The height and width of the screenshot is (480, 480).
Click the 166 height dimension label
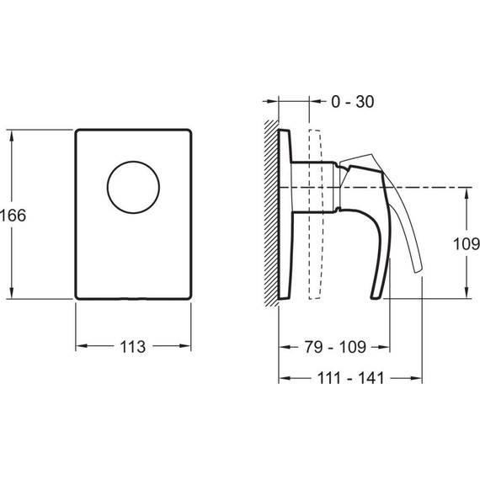click(x=13, y=216)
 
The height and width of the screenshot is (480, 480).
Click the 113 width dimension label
click(x=132, y=347)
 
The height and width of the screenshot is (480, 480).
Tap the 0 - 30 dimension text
click(x=352, y=101)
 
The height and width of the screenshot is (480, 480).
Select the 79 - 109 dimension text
click(x=335, y=347)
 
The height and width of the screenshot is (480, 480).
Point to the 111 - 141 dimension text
click(x=350, y=378)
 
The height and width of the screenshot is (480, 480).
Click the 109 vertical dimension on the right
click(x=467, y=244)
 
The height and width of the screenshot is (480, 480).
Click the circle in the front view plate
click(x=133, y=162)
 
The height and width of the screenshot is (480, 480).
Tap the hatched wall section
click(x=271, y=213)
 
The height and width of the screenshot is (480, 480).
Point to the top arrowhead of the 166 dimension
click(x=12, y=136)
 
